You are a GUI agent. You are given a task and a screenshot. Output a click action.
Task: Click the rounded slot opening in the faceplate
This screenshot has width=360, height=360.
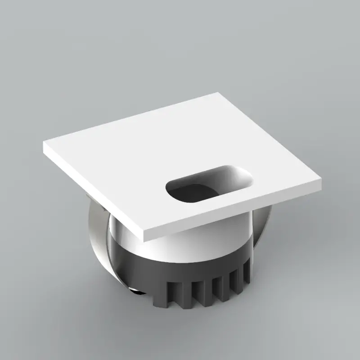coord(208,184)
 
